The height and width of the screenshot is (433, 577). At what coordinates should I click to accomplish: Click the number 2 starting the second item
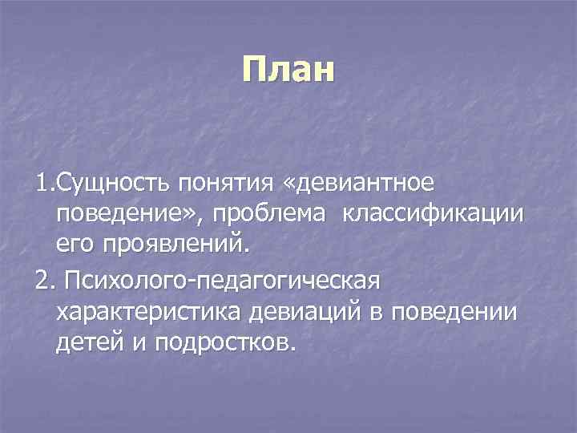point(42,281)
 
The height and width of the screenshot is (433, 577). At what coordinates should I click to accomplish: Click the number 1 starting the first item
point(42,184)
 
